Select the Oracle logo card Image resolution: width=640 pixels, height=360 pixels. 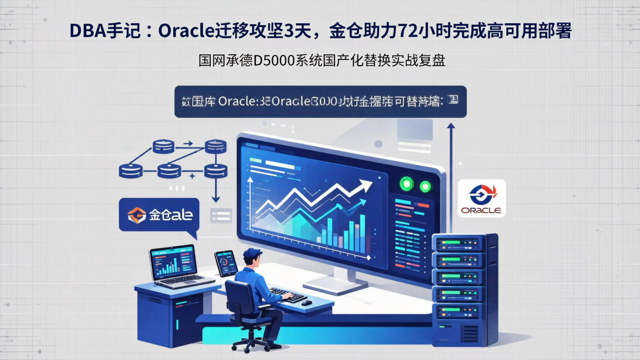pyautogui.click(x=481, y=198)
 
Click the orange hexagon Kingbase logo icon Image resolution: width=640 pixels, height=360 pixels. pyautogui.click(x=136, y=215)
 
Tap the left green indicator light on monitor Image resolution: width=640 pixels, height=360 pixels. pyautogui.click(x=407, y=184)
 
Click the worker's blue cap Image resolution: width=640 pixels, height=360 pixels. pyautogui.click(x=252, y=253)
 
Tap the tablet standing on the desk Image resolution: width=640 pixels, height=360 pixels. pyautogui.click(x=226, y=263)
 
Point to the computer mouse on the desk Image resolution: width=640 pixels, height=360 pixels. pyautogui.click(x=307, y=303)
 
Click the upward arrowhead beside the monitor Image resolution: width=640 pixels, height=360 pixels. pyautogui.click(x=451, y=126)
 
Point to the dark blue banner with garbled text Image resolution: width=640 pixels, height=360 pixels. pyautogui.click(x=320, y=102)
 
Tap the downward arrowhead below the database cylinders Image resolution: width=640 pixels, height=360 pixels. pyautogui.click(x=216, y=200)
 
